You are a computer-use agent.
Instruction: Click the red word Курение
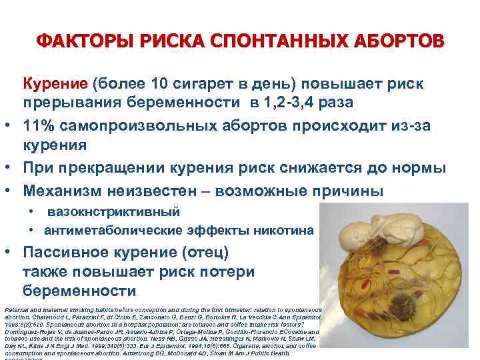pos(55,85)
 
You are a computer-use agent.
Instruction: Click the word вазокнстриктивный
pos(114,212)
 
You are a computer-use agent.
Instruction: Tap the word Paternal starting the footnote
pos(15,310)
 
